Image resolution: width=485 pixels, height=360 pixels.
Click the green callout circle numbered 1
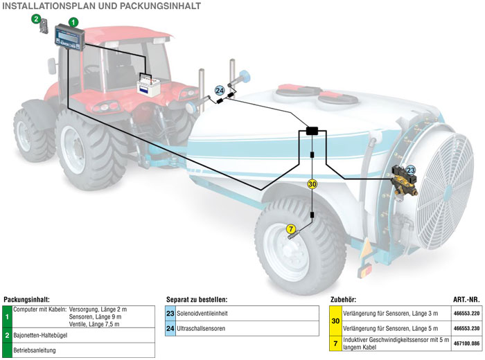73,22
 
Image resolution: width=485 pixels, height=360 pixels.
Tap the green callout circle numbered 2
36,19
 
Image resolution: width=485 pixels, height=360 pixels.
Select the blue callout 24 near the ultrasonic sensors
220,90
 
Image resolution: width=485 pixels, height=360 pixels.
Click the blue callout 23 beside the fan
411,170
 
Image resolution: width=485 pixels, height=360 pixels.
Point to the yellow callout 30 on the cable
312,184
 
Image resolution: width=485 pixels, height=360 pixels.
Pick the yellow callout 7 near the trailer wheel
291,228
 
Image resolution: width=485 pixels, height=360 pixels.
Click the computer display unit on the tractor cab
70,35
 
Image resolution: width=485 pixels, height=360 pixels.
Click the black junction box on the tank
311,130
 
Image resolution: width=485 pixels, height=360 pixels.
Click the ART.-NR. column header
466,300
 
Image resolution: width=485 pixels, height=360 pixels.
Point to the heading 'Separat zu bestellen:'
197,300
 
